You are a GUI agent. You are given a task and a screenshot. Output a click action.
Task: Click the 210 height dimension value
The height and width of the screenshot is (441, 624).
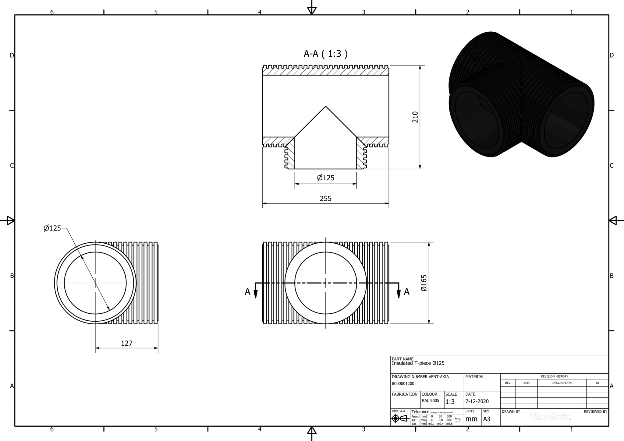415,117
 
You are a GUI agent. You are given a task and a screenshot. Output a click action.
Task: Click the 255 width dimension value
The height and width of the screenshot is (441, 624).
325,199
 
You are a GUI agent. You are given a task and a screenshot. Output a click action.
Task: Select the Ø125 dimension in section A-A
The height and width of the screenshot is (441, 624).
325,178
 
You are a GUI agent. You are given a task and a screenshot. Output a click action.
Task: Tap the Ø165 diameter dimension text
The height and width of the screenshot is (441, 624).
424,283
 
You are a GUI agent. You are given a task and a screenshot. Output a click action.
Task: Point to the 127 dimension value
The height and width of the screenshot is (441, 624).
127,343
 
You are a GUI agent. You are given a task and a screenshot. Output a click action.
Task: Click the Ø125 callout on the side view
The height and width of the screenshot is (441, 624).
52,228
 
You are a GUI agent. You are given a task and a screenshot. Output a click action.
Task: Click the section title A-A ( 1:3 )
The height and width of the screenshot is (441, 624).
325,54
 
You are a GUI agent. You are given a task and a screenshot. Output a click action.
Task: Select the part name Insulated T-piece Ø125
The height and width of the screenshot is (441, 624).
418,363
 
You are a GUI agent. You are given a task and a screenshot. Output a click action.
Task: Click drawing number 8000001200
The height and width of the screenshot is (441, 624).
403,384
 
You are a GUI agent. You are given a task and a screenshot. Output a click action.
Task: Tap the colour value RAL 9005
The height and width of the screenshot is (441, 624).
431,400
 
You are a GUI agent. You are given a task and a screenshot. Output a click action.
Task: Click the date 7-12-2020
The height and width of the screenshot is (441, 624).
477,401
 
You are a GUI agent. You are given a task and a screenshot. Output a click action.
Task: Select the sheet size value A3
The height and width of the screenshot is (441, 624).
487,419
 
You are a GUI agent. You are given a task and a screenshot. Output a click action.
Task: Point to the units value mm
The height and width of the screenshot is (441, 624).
471,419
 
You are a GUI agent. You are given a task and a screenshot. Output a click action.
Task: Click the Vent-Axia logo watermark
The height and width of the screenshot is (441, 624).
550,417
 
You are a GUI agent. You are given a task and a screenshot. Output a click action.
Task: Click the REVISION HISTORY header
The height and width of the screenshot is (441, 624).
554,376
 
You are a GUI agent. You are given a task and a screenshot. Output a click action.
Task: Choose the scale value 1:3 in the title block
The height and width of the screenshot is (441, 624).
450,402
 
